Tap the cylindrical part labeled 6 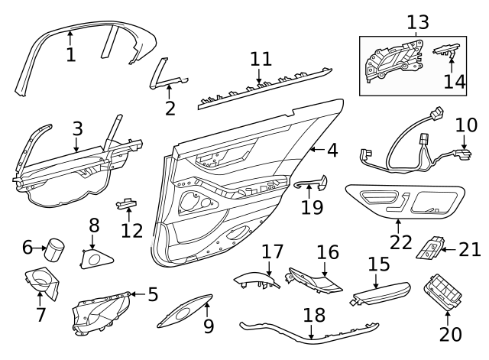point(56,248)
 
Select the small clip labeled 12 point(126,203)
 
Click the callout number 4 point(331,151)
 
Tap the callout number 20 point(451,334)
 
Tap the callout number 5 point(153,293)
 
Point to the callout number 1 point(70,54)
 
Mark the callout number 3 point(77,129)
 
